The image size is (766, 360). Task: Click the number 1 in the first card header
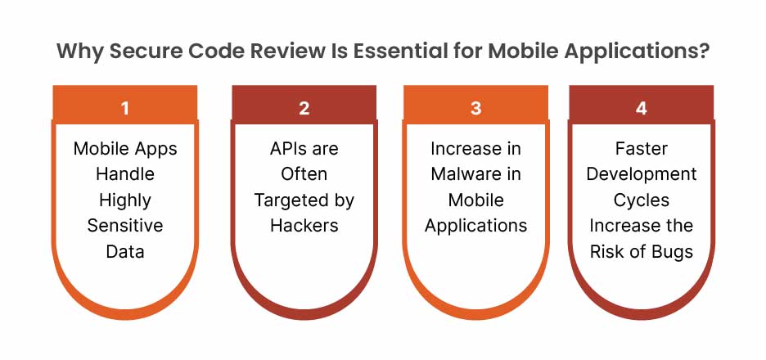[x=125, y=108]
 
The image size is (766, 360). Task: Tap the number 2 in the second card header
[x=304, y=108]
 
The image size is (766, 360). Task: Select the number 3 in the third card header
[x=475, y=108]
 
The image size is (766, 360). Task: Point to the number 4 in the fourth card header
[x=641, y=108]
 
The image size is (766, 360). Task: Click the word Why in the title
[x=79, y=52]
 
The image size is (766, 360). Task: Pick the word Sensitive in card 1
[x=125, y=226]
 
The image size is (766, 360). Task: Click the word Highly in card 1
[x=125, y=200]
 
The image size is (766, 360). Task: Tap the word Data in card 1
[x=125, y=251]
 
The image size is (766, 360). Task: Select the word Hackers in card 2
[x=304, y=226]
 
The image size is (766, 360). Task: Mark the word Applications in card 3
[x=475, y=227]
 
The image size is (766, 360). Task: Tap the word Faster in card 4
[x=641, y=148]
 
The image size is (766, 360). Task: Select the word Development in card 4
[x=642, y=175]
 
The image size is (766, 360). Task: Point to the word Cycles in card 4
[x=641, y=200]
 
